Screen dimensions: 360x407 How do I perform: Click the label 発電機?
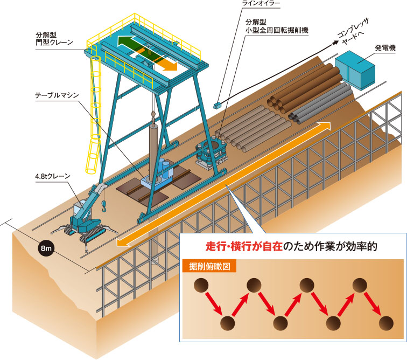384,48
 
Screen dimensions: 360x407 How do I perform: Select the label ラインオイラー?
263,4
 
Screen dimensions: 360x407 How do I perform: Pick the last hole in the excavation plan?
385,323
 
